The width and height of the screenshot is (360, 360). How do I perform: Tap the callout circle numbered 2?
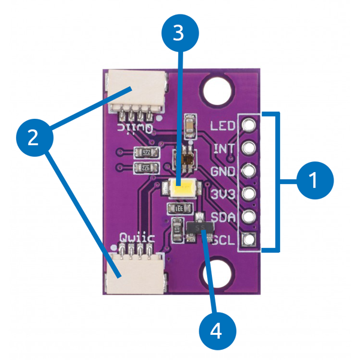pyautogui.click(x=34, y=137)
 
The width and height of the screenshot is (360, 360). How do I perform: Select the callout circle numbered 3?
pyautogui.click(x=178, y=34)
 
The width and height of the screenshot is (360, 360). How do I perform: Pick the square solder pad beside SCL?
pyautogui.click(x=249, y=241)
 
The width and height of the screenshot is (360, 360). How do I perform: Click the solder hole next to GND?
pyautogui.click(x=249, y=171)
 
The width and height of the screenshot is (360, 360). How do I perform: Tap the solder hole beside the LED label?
pyautogui.click(x=249, y=125)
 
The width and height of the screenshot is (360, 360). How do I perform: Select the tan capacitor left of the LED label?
pyautogui.click(x=190, y=125)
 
